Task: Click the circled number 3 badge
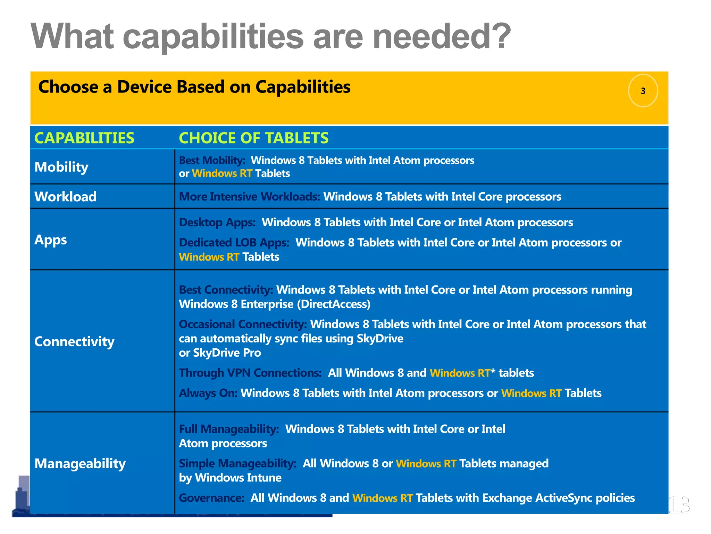pyautogui.click(x=643, y=91)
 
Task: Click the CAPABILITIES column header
pyautogui.click(x=84, y=138)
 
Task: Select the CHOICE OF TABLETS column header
pyautogui.click(x=253, y=138)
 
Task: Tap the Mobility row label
pyautogui.click(x=61, y=167)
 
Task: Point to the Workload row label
pyautogui.click(x=66, y=197)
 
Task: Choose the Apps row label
pyautogui.click(x=51, y=240)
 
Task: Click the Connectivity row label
pyautogui.click(x=74, y=341)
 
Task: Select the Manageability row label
pyautogui.click(x=80, y=463)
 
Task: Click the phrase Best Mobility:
pyautogui.click(x=212, y=160)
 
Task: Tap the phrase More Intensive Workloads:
pyautogui.click(x=249, y=197)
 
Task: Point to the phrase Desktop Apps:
pyautogui.click(x=217, y=222)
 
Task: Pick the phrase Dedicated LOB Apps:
pyautogui.click(x=234, y=243)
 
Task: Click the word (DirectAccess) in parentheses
pyautogui.click(x=334, y=304)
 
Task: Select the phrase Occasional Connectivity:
pyautogui.click(x=243, y=324)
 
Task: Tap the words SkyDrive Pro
pyautogui.click(x=227, y=353)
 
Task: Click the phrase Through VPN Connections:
pyautogui.click(x=250, y=373)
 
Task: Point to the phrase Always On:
pyautogui.click(x=208, y=393)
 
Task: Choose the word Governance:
pyautogui.click(x=212, y=498)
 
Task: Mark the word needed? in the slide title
pyautogui.click(x=442, y=36)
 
